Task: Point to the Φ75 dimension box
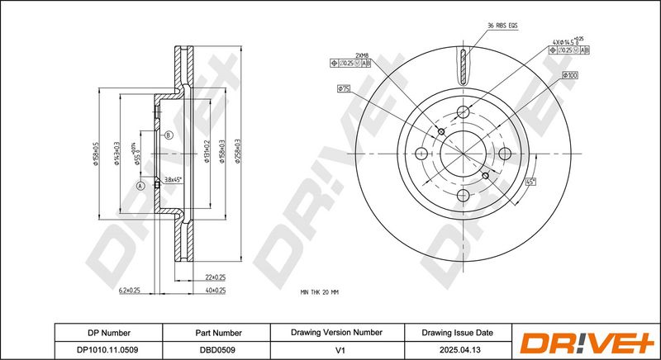click(345, 88)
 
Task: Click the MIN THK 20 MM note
click(320, 292)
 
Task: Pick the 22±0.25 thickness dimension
click(215, 277)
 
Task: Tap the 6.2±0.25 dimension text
click(130, 291)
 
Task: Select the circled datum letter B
click(168, 135)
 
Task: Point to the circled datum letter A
click(140, 187)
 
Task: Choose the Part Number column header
click(217, 332)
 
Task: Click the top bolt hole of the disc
click(464, 111)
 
